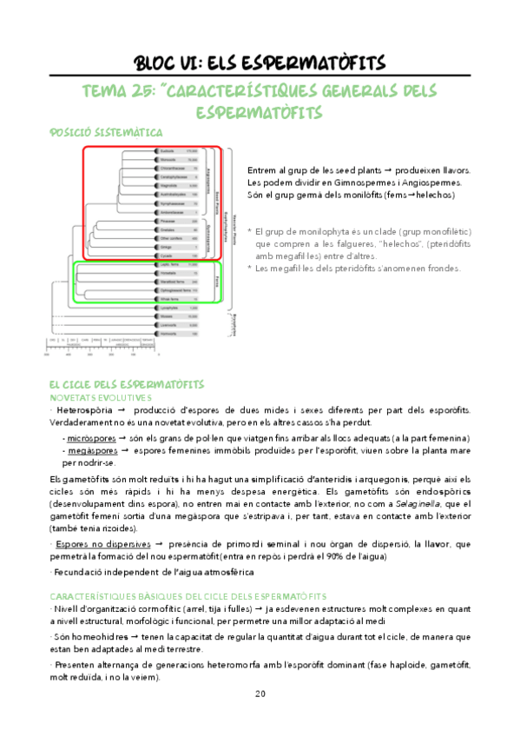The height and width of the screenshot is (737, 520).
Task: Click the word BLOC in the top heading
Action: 160,63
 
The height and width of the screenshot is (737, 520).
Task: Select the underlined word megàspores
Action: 92,452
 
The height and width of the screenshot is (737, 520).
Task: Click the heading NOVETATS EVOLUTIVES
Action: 95,396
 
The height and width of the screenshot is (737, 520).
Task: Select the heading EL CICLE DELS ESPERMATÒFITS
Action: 126,383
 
